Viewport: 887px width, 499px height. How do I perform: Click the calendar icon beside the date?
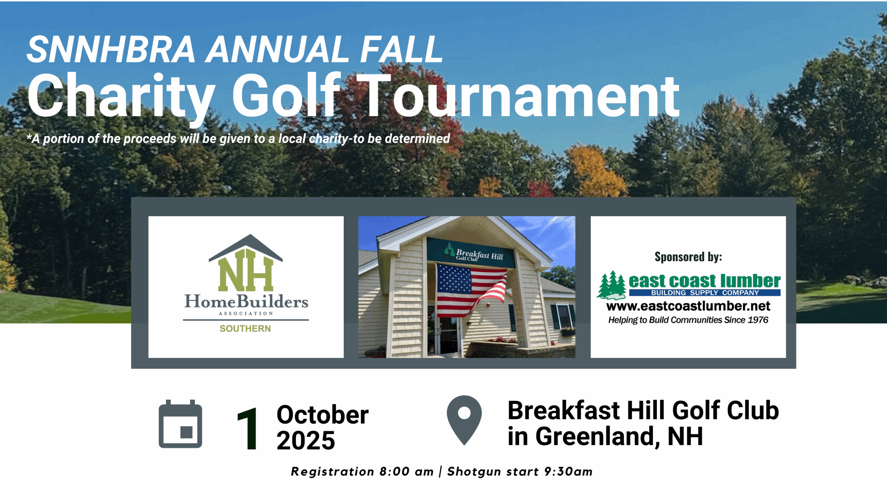tap(180, 424)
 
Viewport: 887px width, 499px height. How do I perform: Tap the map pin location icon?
tap(464, 420)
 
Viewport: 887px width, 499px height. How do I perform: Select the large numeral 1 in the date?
tap(248, 428)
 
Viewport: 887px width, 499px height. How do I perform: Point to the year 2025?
tap(306, 440)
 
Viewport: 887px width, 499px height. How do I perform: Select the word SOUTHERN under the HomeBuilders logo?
tap(245, 329)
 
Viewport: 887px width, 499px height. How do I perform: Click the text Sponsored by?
tap(688, 257)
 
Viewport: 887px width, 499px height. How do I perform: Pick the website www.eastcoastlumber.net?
tap(688, 306)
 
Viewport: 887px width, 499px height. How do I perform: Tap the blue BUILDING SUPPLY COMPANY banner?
tap(705, 293)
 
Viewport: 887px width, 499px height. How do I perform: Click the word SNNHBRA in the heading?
tap(111, 50)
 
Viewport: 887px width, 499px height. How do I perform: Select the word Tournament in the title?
tap(518, 96)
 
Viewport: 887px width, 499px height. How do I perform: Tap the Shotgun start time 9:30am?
tap(568, 472)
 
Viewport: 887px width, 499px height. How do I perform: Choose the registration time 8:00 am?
tap(406, 472)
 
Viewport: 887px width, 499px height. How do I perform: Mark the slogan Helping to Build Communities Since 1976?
tap(688, 320)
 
